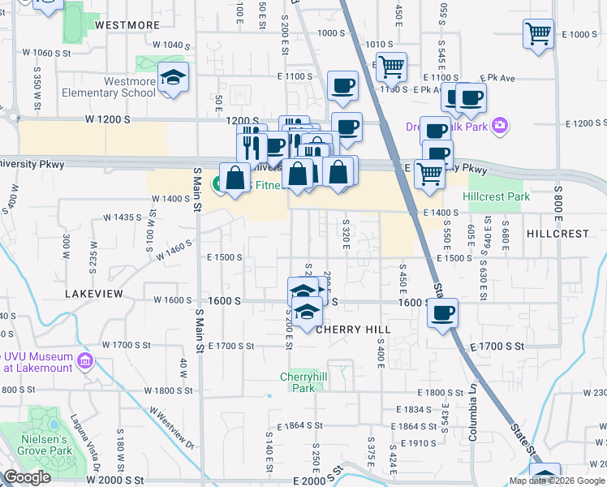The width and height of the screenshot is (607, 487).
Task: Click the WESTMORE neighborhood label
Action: (x=127, y=25)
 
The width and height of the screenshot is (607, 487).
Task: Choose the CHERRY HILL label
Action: (x=353, y=330)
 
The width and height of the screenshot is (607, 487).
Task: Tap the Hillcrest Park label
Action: (x=496, y=197)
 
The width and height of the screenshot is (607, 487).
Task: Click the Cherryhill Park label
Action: (x=303, y=381)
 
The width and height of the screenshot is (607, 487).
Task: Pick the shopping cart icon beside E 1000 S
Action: (x=537, y=34)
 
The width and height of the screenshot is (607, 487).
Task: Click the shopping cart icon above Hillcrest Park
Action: (x=429, y=172)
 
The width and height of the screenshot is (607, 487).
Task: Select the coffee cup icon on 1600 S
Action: (x=442, y=313)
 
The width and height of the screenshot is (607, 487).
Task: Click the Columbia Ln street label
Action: (x=472, y=419)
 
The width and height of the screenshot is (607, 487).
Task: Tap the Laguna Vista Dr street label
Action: (x=94, y=458)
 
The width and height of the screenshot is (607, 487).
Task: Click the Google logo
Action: (x=27, y=477)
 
